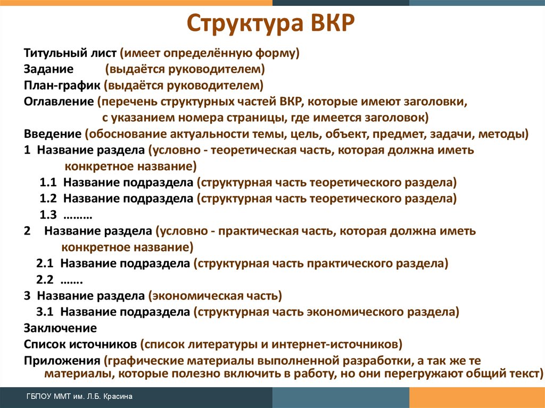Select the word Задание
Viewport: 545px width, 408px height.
[x=48, y=69]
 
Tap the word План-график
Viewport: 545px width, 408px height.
[x=62, y=86]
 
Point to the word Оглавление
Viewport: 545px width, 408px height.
[x=59, y=102]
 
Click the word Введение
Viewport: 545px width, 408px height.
[x=53, y=134]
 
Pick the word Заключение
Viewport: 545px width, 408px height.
[x=60, y=328]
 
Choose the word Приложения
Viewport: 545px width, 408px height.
[x=62, y=360]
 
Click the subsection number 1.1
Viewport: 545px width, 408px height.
[x=48, y=182]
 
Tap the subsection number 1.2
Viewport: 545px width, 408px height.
[x=48, y=198]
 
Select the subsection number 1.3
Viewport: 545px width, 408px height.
[x=48, y=215]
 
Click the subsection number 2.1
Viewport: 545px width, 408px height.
[x=45, y=263]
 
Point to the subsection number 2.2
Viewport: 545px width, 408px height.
[x=45, y=279]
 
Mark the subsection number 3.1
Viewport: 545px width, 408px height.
[x=45, y=312]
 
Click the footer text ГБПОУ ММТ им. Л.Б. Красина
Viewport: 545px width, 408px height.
[x=79, y=396]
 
